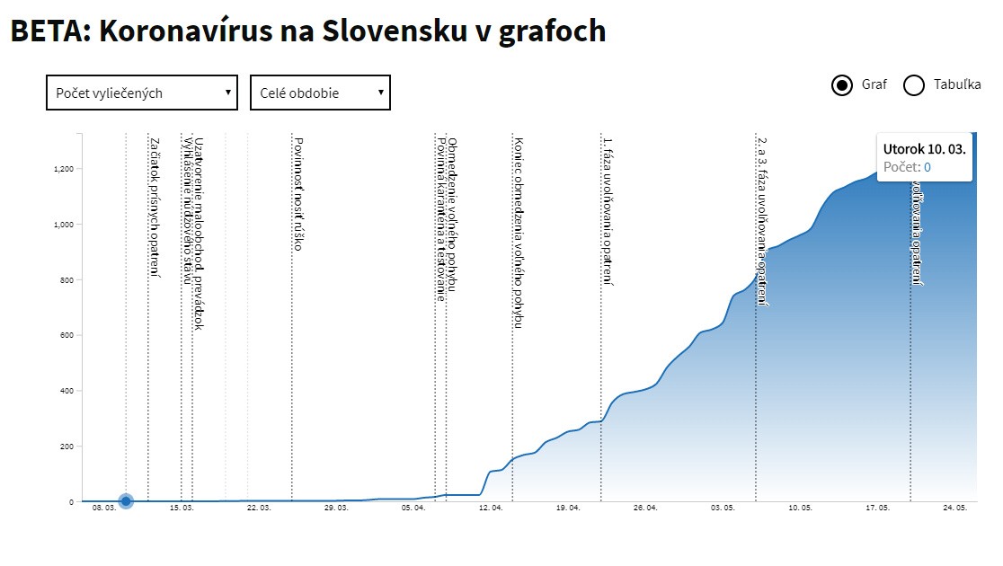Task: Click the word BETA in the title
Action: tap(47, 31)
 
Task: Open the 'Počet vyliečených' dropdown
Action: tap(142, 93)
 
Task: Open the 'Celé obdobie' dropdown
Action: tap(320, 93)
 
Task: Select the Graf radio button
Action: tap(842, 85)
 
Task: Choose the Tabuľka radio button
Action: tap(914, 85)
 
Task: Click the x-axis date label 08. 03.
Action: tap(104, 508)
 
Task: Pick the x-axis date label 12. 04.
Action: tap(491, 508)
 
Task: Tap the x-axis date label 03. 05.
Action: tap(723, 508)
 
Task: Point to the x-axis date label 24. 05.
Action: tap(954, 508)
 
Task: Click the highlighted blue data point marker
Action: tap(126, 501)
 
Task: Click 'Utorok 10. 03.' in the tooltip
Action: tap(924, 149)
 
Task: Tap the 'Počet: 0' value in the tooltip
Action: tap(907, 167)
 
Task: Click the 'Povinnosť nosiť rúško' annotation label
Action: tap(297, 193)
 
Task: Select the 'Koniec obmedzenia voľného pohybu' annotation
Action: tap(519, 232)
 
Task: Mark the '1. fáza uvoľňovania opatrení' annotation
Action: tap(608, 212)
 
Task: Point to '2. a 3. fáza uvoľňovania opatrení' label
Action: tap(762, 221)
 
